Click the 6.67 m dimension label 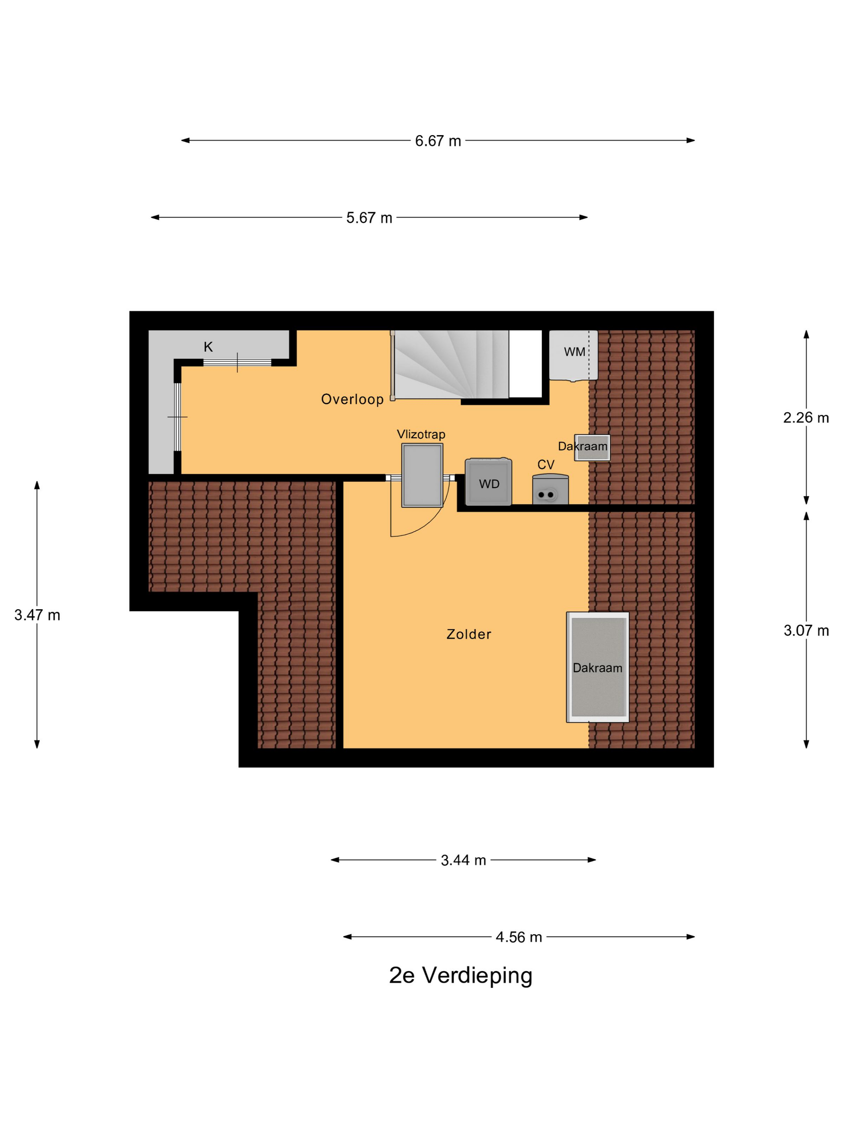438,141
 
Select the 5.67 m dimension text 369,218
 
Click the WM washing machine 573,355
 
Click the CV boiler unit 550,491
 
